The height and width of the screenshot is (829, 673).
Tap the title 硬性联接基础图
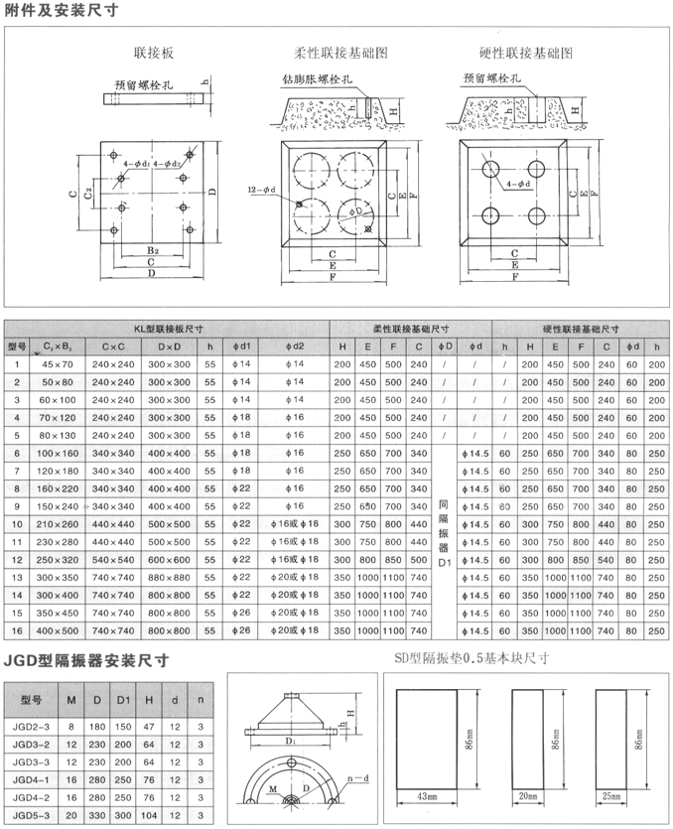click(519, 52)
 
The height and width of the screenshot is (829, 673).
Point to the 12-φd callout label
click(261, 189)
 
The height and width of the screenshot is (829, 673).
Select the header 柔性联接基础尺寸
click(411, 329)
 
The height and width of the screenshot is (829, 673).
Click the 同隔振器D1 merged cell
click(445, 541)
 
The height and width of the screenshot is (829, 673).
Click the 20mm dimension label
click(527, 795)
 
